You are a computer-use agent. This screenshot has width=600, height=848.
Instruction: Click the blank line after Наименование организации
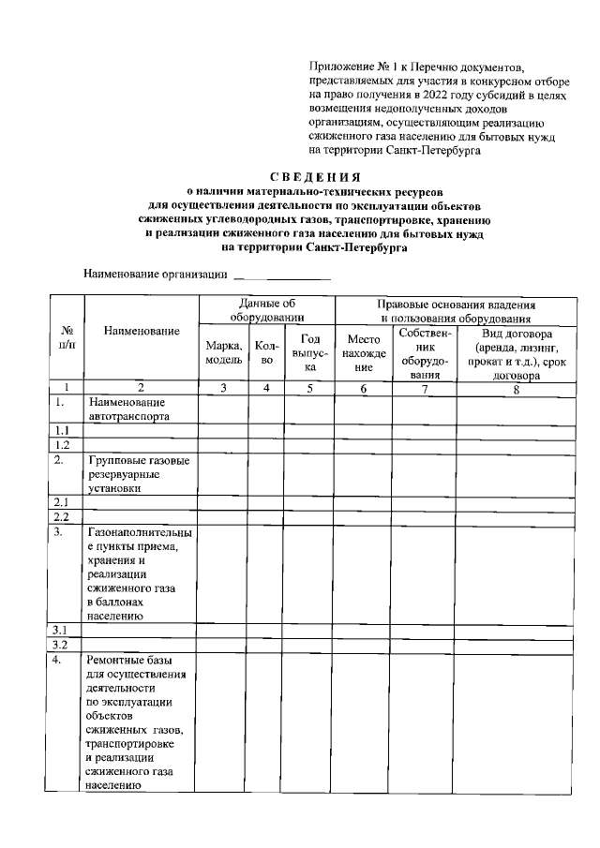[282, 275]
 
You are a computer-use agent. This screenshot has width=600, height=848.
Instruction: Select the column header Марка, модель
[224, 352]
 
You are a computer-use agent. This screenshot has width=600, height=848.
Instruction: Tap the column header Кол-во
[266, 352]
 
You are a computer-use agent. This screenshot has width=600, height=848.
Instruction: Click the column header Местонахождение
[363, 353]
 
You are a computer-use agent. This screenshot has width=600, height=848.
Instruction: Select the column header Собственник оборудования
[425, 353]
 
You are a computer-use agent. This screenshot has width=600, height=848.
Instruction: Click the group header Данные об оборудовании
[266, 310]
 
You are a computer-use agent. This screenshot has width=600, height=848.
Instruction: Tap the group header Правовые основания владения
[456, 305]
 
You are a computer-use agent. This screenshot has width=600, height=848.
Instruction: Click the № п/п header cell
[67, 338]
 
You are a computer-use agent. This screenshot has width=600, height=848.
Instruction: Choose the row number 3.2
[61, 645]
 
